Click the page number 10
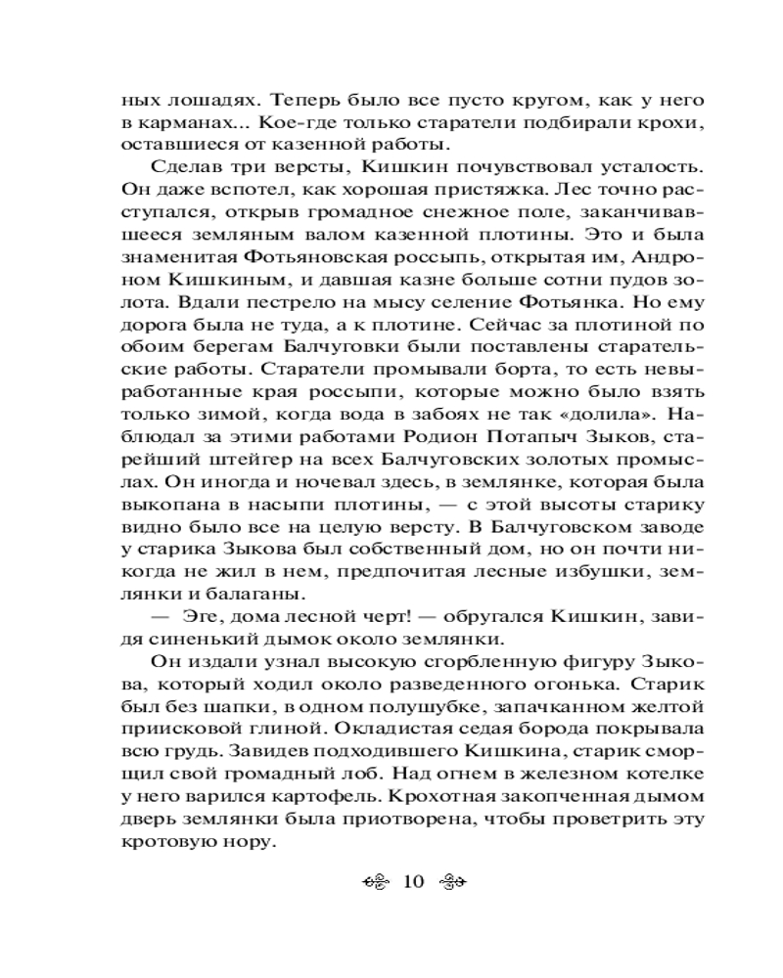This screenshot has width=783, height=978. coord(412,882)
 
